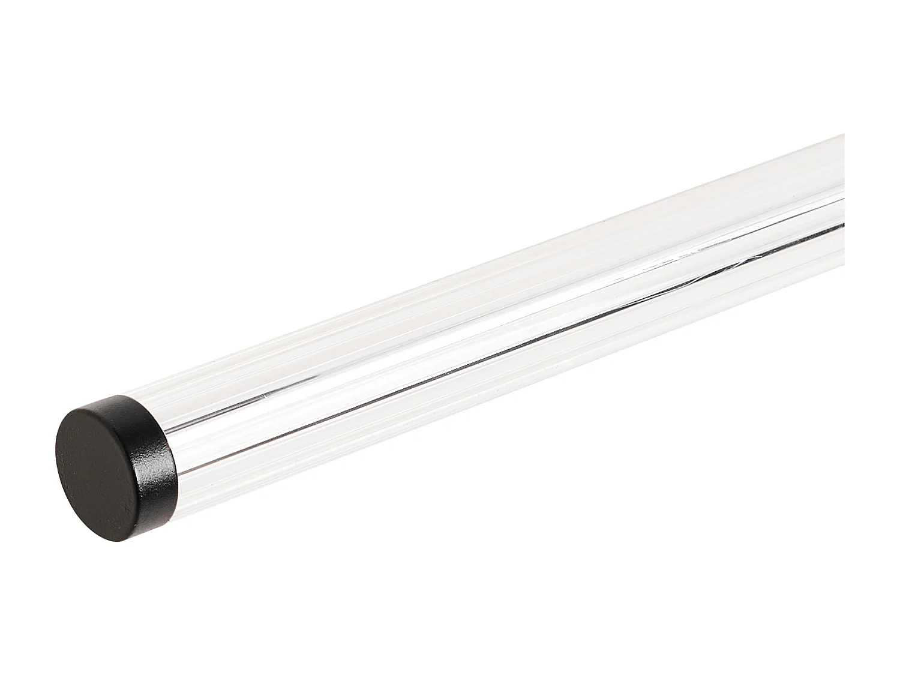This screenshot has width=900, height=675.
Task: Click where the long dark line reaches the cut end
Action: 844,223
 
